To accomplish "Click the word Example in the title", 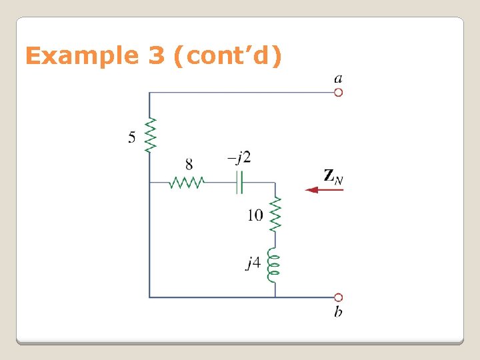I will tap(78, 56).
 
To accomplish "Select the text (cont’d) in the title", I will tap(227, 56).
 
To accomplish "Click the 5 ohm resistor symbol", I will tap(150, 135).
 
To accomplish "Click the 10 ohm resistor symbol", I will tap(275, 215).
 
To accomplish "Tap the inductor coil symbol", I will tap(273, 265).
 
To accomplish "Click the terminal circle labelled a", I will tap(338, 93).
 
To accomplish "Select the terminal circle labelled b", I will tap(338, 297).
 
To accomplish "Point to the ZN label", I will tap(333, 176).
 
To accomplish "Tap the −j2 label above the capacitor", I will tap(239, 158).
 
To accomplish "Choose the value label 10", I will tap(255, 215).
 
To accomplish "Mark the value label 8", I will tap(189, 164).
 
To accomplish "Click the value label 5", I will tap(132, 137).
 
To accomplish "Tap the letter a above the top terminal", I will tap(339, 79).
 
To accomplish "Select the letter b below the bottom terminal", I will tap(339, 312).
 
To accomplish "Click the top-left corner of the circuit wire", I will tap(150, 93).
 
